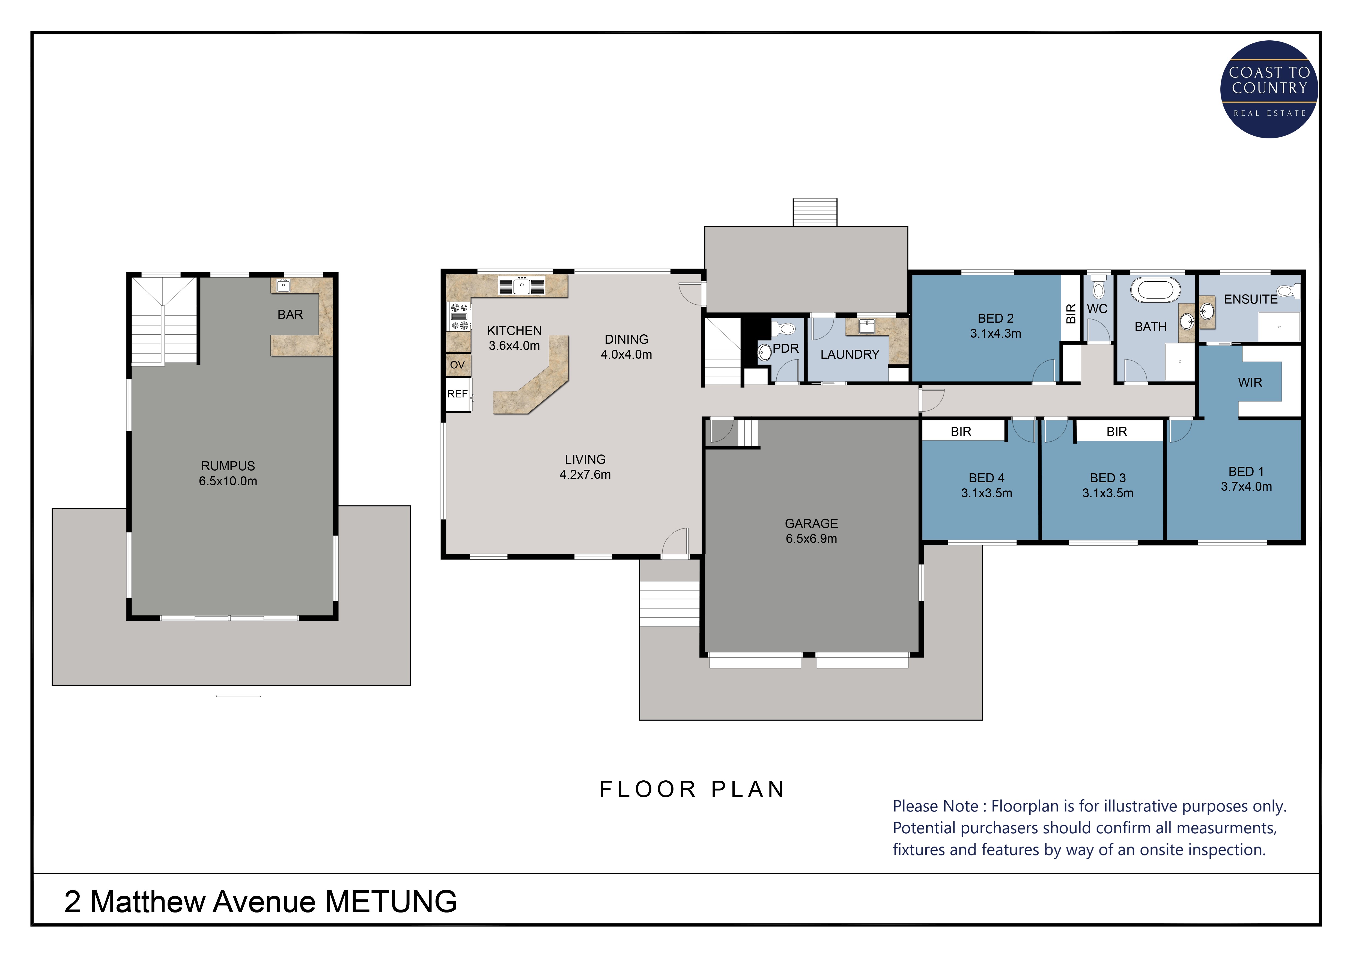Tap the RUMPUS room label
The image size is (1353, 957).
228,466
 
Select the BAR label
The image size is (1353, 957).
290,315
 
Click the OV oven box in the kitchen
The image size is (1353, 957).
458,365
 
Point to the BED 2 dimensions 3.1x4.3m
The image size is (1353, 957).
995,334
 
